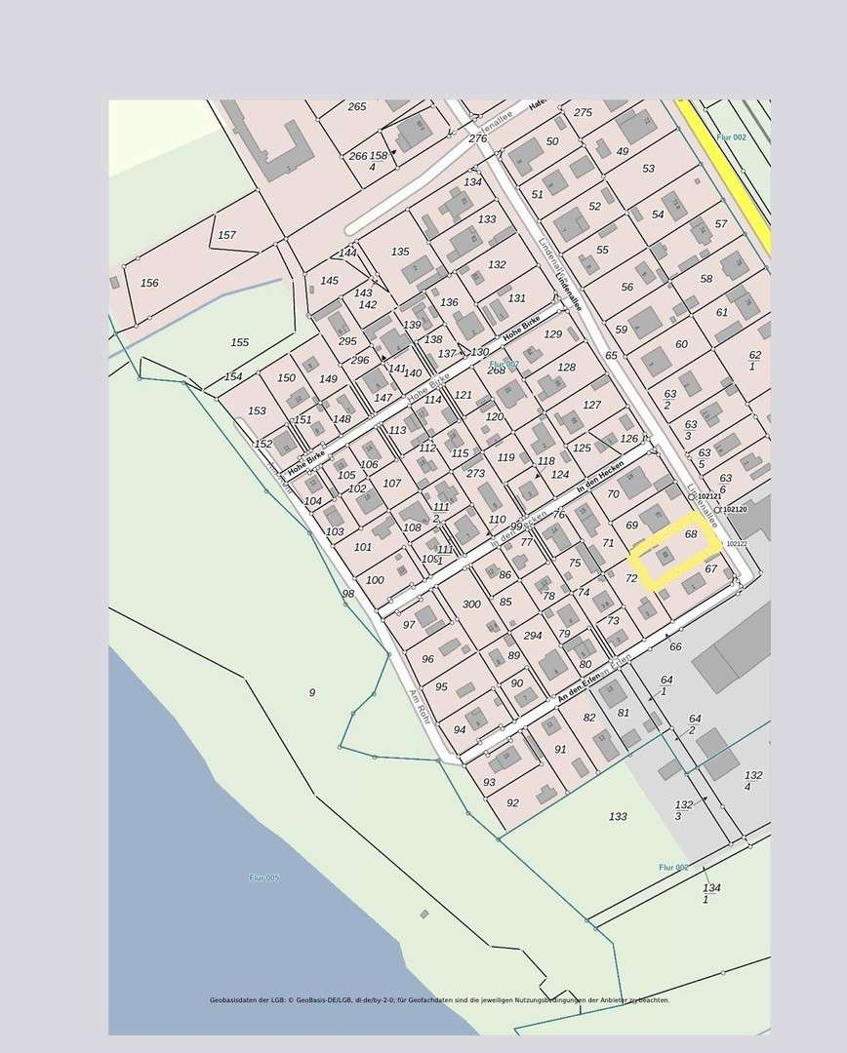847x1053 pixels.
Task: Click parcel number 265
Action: tap(357, 107)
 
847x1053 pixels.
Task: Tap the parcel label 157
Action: tap(226, 235)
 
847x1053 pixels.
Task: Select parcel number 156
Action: tap(149, 283)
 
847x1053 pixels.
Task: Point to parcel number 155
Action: tap(240, 342)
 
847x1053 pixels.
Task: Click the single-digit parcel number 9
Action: tap(312, 692)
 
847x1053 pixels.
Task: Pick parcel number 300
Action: tap(471, 604)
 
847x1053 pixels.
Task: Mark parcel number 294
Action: tap(532, 635)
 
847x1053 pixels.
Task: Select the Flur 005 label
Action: tap(263, 877)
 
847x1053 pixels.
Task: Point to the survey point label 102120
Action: tap(735, 509)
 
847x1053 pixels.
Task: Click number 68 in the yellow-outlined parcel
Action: tap(691, 534)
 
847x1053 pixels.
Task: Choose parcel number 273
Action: tap(475, 474)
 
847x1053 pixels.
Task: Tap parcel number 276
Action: tap(477, 139)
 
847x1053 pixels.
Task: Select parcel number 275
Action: tap(583, 113)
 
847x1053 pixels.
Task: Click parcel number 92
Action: tap(512, 802)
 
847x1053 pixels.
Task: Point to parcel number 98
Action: tap(347, 594)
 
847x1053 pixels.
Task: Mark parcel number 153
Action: tap(257, 411)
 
